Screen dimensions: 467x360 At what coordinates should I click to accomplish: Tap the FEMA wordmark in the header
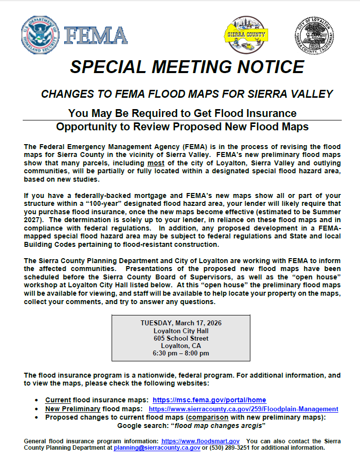pyautogui.click(x=95, y=36)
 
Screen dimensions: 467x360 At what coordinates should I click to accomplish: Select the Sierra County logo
pyautogui.click(x=246, y=35)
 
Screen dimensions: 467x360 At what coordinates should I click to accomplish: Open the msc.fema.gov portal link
pyautogui.click(x=209, y=400)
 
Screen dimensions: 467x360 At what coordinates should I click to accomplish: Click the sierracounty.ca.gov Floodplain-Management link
pyautogui.click(x=243, y=409)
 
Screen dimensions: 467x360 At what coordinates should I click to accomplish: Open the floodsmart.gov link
pyautogui.click(x=200, y=440)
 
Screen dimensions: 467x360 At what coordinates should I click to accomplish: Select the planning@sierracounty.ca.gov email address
pyautogui.click(x=157, y=448)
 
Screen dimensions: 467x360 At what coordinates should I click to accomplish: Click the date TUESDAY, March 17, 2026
pyautogui.click(x=181, y=323)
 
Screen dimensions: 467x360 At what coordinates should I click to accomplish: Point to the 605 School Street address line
pyautogui.click(x=181, y=338)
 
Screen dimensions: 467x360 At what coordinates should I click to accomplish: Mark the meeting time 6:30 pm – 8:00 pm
pyautogui.click(x=181, y=353)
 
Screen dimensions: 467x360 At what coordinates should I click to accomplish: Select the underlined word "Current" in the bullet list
pyautogui.click(x=58, y=400)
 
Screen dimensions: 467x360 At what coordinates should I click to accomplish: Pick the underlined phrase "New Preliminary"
pyautogui.click(x=73, y=409)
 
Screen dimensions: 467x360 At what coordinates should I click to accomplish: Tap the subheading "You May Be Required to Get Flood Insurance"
pyautogui.click(x=182, y=113)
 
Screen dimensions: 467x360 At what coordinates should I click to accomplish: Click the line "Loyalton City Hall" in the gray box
pyautogui.click(x=181, y=331)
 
